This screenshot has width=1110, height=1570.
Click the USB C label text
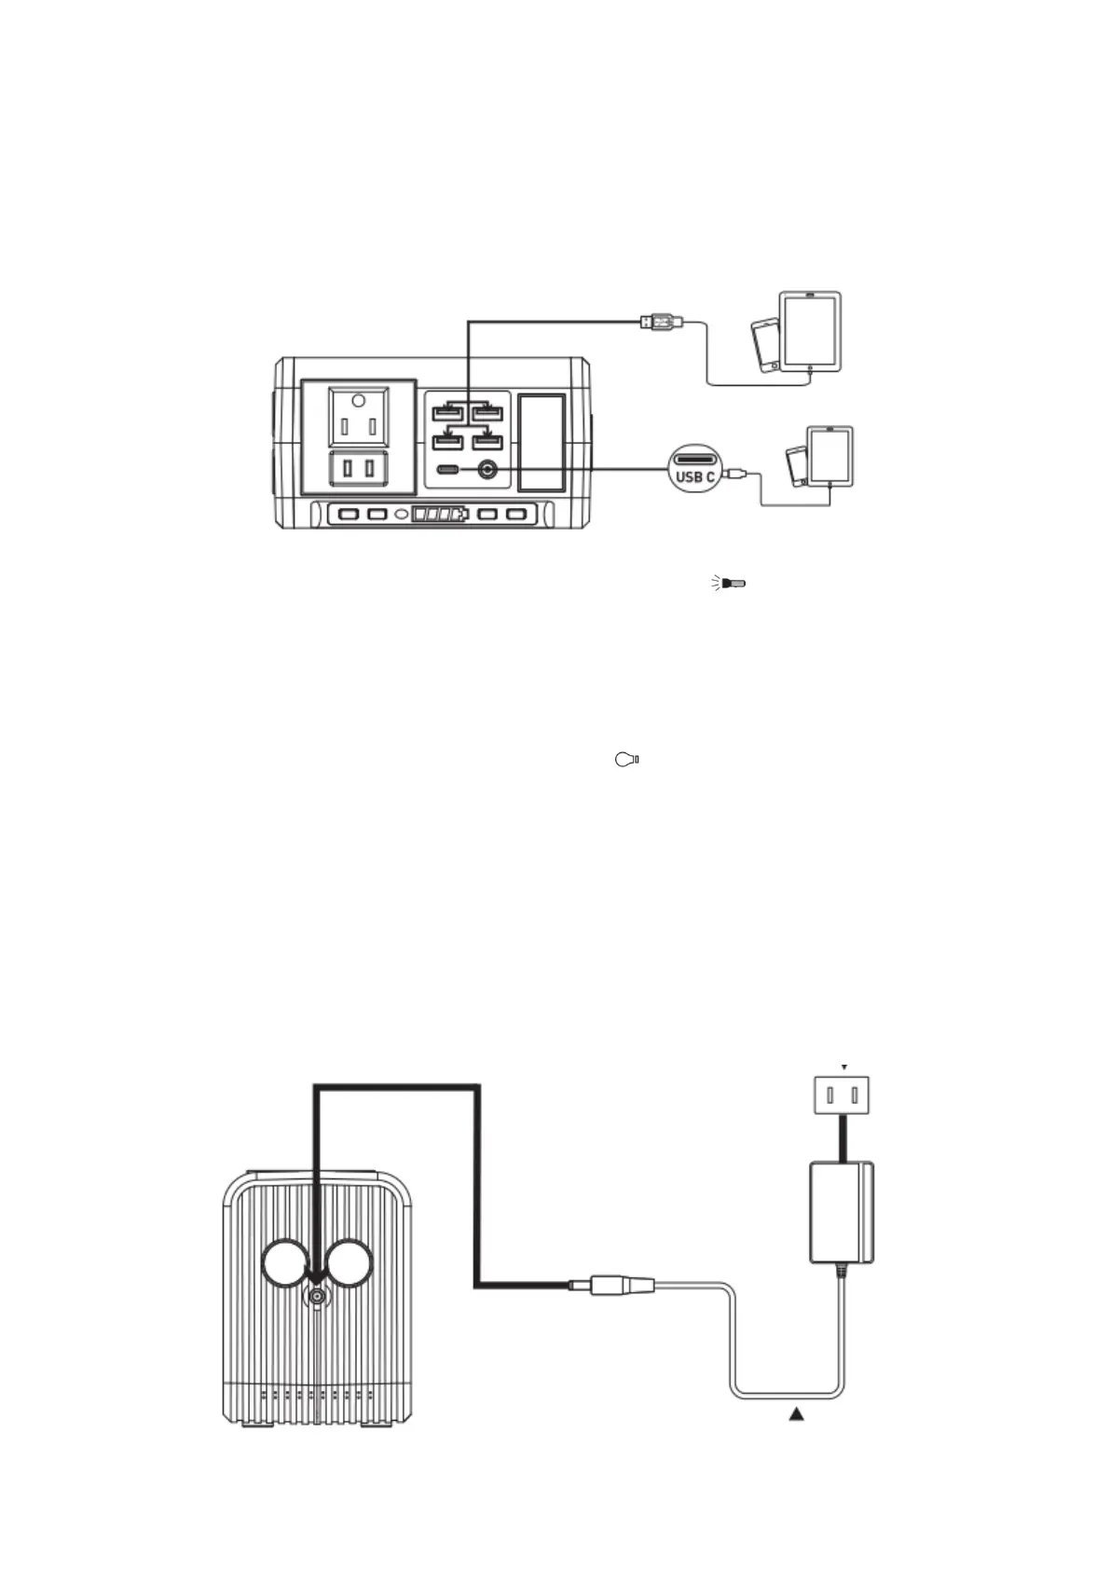click(695, 477)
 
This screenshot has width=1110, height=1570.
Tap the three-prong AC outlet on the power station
click(359, 418)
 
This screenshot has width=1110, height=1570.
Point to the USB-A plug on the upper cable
click(660, 323)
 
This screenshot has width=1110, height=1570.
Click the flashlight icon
click(730, 584)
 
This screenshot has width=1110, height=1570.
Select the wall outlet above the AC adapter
click(842, 1095)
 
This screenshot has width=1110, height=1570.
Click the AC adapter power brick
click(841, 1212)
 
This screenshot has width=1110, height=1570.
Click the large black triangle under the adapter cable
click(796, 1414)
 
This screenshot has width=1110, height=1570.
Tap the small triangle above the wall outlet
click(844, 1067)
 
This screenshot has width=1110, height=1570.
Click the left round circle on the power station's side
click(285, 1263)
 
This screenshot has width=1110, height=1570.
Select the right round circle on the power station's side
click(349, 1263)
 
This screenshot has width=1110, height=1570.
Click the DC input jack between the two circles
click(319, 1297)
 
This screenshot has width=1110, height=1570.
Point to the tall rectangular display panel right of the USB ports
click(541, 442)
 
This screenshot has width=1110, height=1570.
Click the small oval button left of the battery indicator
click(403, 514)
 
